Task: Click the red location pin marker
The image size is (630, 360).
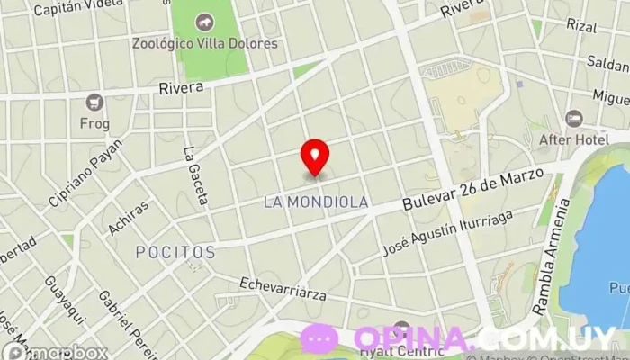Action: pyautogui.click(x=315, y=157)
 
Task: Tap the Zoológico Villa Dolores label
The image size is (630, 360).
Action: pyautogui.click(x=205, y=43)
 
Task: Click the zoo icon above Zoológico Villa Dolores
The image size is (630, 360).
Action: pyautogui.click(x=205, y=21)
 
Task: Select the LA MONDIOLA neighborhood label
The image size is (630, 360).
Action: pyautogui.click(x=316, y=202)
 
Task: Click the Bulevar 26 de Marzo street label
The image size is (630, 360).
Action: pyautogui.click(x=473, y=191)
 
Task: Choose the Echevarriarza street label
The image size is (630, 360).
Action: pyautogui.click(x=283, y=289)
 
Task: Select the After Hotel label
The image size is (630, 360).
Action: pyautogui.click(x=574, y=139)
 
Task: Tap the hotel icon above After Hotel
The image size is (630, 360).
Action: pyautogui.click(x=573, y=118)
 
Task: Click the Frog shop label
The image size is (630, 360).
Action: pyautogui.click(x=94, y=123)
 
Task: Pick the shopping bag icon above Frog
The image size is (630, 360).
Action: pyautogui.click(x=94, y=102)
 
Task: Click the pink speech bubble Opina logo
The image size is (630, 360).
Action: pyautogui.click(x=319, y=338)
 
